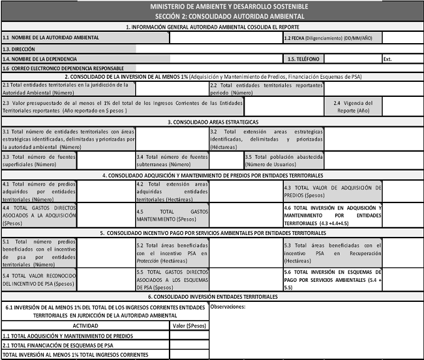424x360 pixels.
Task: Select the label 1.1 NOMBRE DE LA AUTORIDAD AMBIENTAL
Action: pyautogui.click(x=51, y=37)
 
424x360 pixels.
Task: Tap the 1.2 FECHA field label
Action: pyautogui.click(x=328, y=37)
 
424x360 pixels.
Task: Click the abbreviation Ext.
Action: pyautogui.click(x=388, y=59)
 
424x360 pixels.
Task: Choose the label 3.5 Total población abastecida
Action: pyautogui.click(x=284, y=160)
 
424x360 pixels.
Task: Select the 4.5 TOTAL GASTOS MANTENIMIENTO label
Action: pyautogui.click(x=173, y=215)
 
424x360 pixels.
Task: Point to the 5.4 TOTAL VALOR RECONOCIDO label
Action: pyautogui.click(x=39, y=279)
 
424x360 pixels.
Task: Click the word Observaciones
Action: pyautogui.click(x=229, y=306)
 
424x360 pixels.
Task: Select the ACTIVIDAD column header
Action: pyautogui.click(x=86, y=326)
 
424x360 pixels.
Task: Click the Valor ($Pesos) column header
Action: pyautogui.click(x=189, y=326)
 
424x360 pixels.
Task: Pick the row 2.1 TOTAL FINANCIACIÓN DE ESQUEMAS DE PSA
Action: pyautogui.click(x=58, y=345)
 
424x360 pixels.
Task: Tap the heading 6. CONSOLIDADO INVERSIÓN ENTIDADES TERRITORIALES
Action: pyautogui.click(x=213, y=296)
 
